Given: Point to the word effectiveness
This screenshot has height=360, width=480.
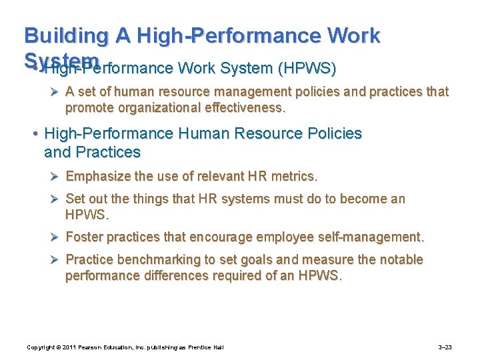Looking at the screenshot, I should pyautogui.click(x=251, y=108).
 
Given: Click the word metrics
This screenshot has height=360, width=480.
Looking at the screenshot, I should pyautogui.click(x=293, y=177).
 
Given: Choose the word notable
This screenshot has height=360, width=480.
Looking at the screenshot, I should pyautogui.click(x=399, y=259).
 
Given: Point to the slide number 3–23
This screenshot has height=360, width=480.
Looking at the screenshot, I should pyautogui.click(x=445, y=347).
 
